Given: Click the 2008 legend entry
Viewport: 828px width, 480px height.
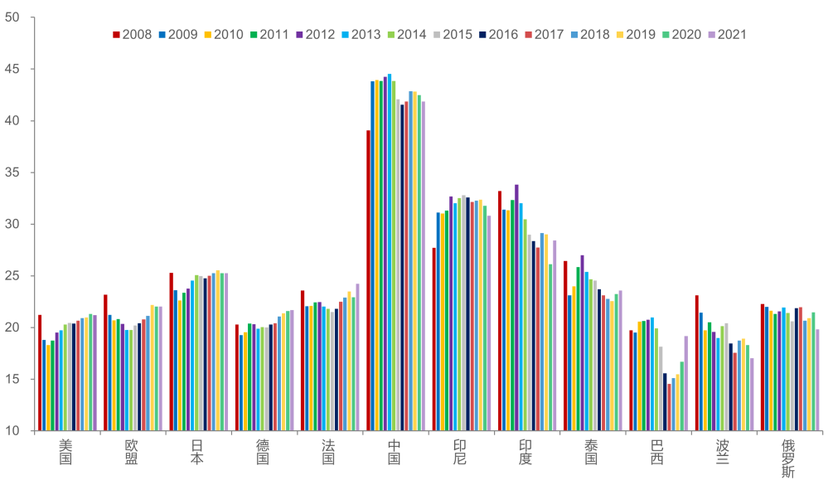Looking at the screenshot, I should [x=132, y=34].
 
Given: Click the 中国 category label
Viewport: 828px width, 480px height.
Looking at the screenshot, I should [x=395, y=452].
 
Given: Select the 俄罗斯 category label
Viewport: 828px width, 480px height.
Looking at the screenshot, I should [x=788, y=458].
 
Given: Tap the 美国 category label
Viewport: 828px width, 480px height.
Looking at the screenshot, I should [x=66, y=452].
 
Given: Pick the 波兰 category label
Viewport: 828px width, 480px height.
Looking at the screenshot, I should [x=723, y=452].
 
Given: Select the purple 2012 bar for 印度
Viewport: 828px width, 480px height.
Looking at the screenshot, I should [x=517, y=308].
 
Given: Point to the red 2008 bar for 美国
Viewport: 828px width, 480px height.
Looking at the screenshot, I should [x=40, y=373].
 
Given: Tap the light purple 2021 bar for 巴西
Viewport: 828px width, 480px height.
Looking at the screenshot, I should [x=686, y=383].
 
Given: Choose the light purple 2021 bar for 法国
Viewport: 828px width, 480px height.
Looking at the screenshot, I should [x=357, y=357].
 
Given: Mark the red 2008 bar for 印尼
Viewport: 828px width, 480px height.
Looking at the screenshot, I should [x=433, y=339].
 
